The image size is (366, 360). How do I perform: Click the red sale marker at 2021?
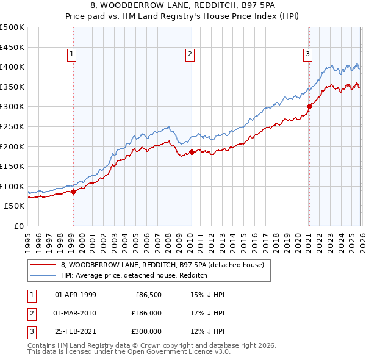[309, 106]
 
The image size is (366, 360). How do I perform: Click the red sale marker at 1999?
[73, 192]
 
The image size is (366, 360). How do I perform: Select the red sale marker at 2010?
[191, 152]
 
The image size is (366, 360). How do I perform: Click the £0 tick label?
[20, 226]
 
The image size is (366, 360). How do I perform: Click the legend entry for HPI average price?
[134, 276]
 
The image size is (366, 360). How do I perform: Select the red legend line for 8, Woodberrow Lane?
[43, 265]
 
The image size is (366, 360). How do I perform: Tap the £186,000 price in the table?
[146, 313]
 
